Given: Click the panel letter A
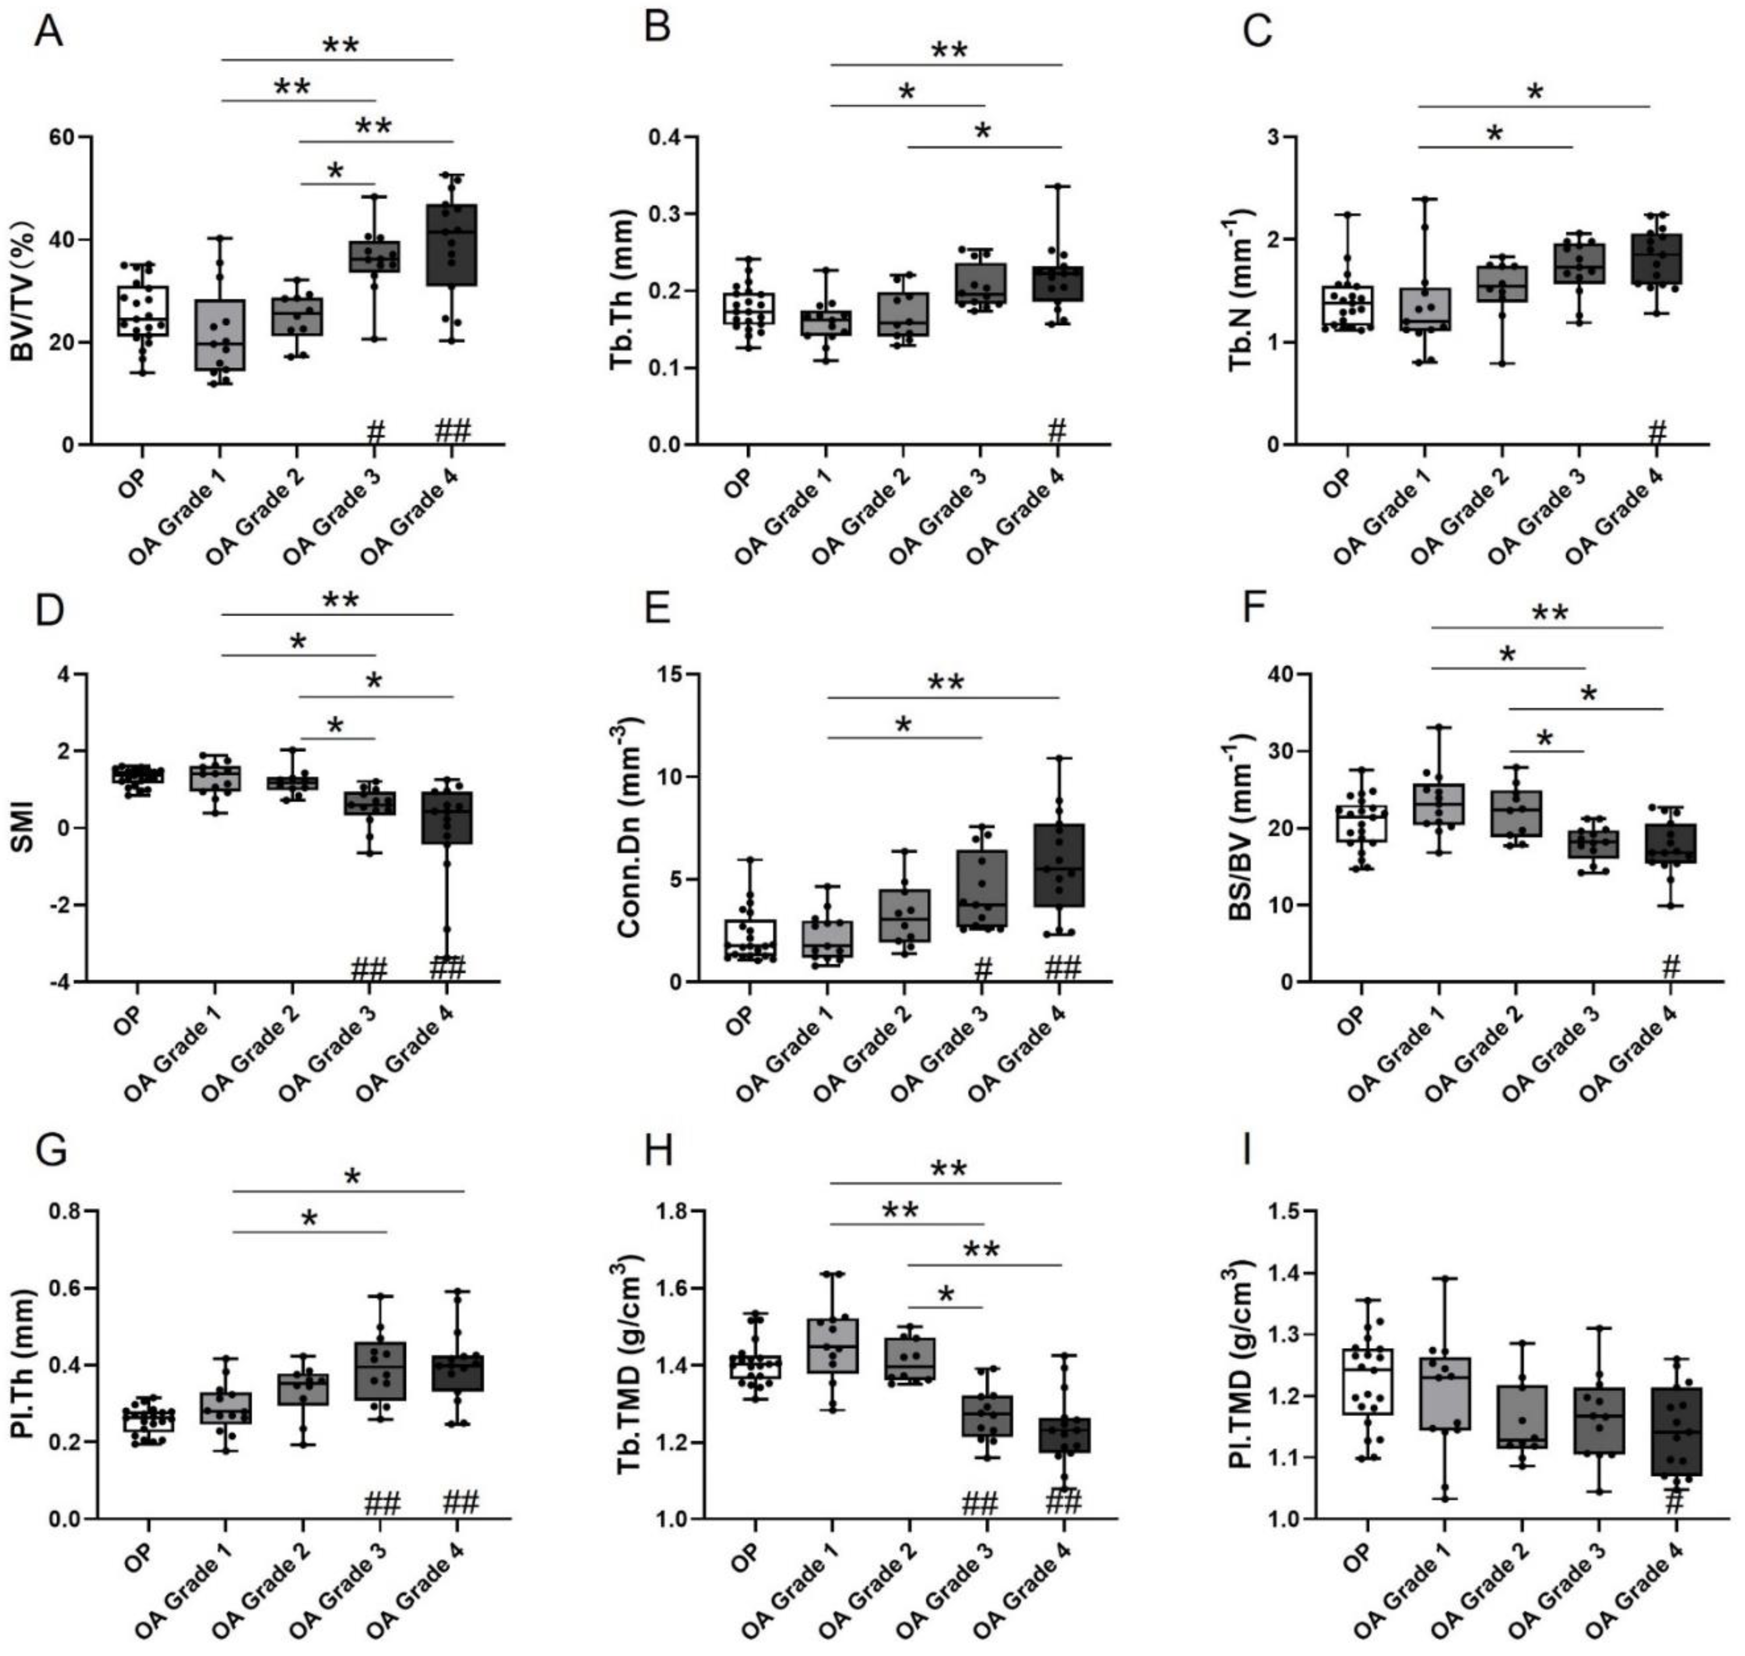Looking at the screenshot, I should click(48, 33).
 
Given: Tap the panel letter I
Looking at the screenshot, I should click(1246, 1153).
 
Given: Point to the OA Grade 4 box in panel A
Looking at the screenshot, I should click(451, 245).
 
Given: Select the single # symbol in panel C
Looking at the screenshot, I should click(1657, 432).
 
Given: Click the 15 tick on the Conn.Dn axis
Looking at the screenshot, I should click(673, 674).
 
